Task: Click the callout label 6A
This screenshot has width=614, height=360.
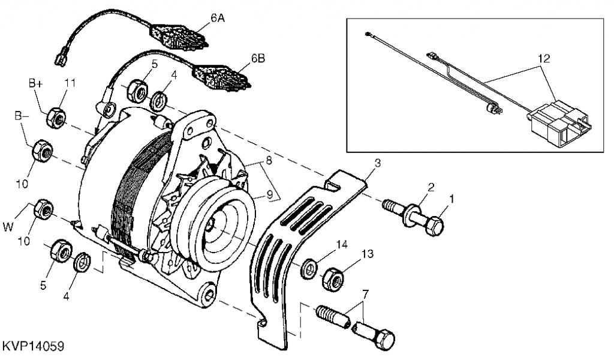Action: tap(218, 19)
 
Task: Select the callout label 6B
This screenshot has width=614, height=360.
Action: tap(258, 58)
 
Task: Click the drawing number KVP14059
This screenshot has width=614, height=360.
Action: tap(33, 347)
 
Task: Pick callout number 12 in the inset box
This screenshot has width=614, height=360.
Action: tap(543, 58)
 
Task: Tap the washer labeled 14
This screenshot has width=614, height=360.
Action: tap(310, 268)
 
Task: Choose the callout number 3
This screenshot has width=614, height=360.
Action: tap(378, 163)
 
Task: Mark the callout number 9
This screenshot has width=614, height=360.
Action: tap(269, 194)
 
